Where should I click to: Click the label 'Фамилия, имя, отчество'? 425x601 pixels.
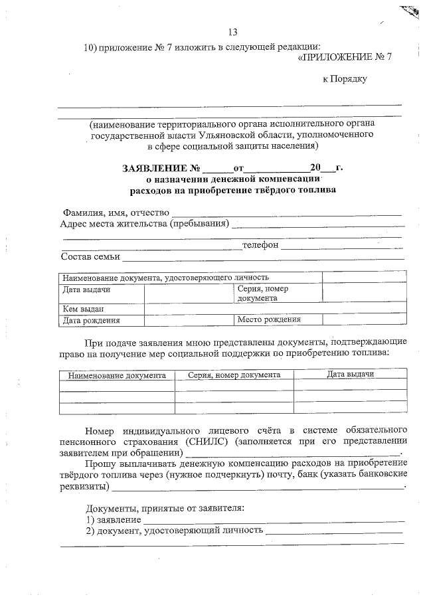tap(116, 213)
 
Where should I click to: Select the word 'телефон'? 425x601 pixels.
tap(260, 245)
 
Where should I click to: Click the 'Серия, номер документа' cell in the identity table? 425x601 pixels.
tap(262, 294)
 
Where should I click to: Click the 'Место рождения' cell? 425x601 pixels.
tap(269, 320)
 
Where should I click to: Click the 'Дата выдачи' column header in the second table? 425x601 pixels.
tap(350, 375)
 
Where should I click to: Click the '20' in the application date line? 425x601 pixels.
tap(315, 169)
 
